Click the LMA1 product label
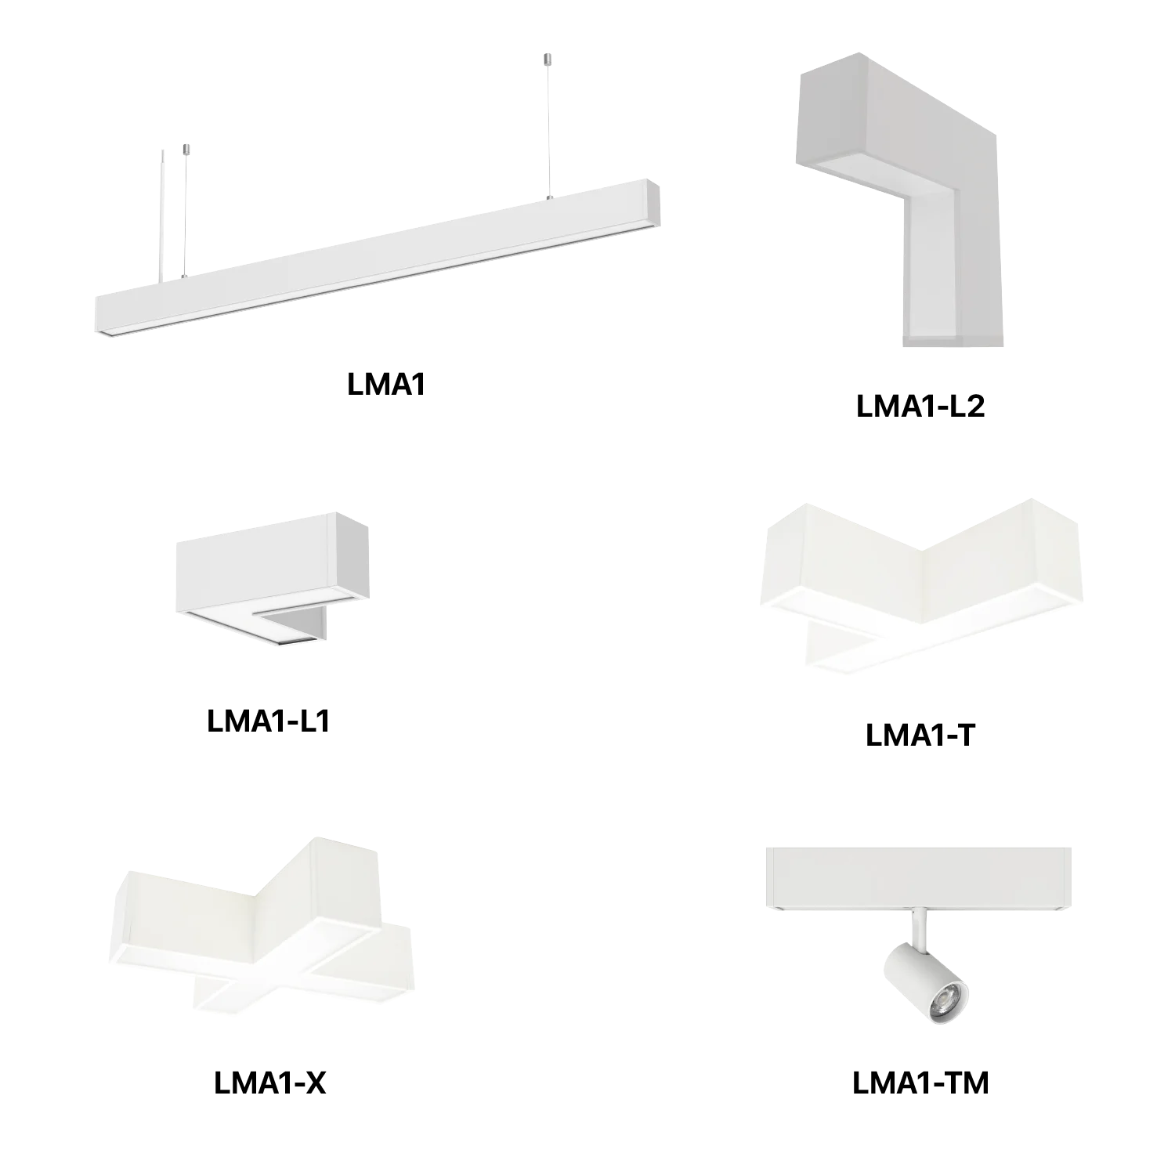pos(386,384)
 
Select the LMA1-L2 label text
pos(920,407)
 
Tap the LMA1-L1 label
pos(269,721)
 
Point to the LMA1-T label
pos(920,735)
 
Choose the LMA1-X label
pos(269,1083)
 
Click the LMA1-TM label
pos(920,1083)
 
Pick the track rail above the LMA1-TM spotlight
pos(918,879)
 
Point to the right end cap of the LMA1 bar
pos(652,204)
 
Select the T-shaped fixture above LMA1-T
pos(921,584)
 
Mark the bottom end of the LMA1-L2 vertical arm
pos(953,340)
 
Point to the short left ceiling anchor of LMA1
pos(186,150)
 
